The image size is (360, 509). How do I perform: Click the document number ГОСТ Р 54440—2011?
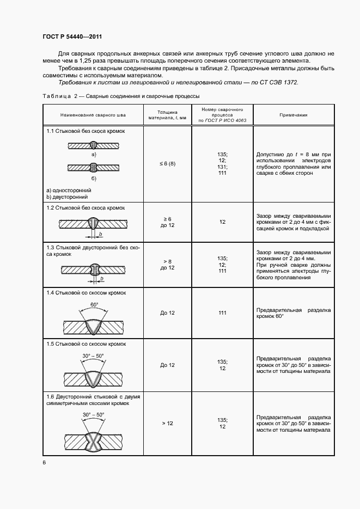[72, 36]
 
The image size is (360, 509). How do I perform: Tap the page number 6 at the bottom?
[44, 462]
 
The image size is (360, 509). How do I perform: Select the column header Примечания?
[294, 115]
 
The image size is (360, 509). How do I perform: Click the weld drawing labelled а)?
[93, 145]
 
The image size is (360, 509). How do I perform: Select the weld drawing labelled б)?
[93, 167]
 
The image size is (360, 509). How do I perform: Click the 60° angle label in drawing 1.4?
[94, 305]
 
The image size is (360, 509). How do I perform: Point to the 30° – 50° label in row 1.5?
[93, 355]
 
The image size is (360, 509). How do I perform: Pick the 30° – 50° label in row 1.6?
[93, 414]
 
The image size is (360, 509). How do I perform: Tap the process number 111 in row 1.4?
[222, 313]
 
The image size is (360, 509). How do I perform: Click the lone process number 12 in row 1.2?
[222, 222]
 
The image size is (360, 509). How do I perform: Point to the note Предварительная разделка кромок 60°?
[294, 313]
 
